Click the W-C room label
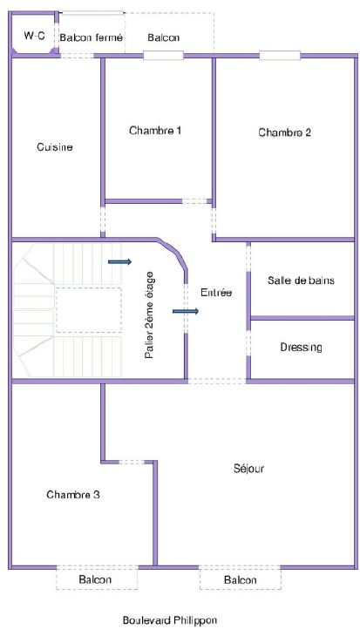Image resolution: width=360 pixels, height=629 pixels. [x=35, y=36]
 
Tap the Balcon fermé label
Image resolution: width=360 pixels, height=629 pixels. [x=92, y=37]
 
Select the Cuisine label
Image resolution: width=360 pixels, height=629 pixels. [x=55, y=147]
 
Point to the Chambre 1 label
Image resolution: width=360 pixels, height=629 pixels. [x=155, y=131]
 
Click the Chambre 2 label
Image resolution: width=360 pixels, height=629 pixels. [x=284, y=132]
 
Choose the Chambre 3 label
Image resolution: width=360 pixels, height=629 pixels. [x=73, y=495]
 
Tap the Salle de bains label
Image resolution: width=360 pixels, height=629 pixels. [x=301, y=280]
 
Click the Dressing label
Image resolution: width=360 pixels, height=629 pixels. [x=301, y=347]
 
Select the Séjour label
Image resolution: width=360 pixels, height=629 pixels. [x=248, y=469]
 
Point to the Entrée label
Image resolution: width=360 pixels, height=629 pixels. [x=216, y=293]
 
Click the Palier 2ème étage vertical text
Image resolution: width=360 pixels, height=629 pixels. [x=149, y=314]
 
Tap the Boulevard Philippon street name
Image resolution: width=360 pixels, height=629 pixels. [x=170, y=619]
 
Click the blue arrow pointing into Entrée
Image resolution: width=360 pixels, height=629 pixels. [x=186, y=311]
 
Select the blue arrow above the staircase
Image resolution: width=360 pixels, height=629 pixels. [x=119, y=262]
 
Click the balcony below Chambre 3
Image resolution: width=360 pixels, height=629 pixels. [x=97, y=578]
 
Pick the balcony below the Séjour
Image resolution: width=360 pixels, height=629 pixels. [x=240, y=578]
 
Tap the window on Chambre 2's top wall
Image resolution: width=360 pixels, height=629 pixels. [x=280, y=56]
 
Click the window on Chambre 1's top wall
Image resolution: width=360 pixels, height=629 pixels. [x=163, y=56]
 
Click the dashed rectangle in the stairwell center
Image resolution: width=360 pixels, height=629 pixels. [x=89, y=310]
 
